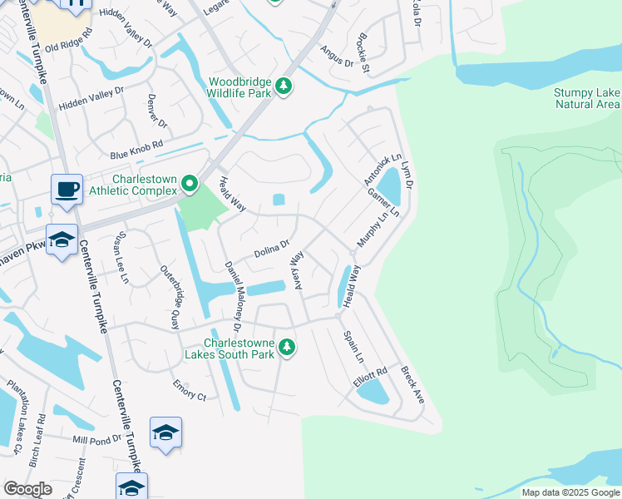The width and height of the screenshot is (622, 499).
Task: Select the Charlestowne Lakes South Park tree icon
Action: point(287,347)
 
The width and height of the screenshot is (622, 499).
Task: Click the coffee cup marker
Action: point(66,189)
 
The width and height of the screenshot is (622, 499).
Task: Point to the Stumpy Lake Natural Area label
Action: point(587,98)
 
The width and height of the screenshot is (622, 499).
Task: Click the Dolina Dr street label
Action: point(272,247)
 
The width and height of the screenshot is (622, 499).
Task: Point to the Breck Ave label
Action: point(412,384)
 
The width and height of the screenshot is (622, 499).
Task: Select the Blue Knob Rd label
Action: point(137,151)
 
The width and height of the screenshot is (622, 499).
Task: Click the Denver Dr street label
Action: point(158,113)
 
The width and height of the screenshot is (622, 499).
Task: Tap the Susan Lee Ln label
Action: point(123,259)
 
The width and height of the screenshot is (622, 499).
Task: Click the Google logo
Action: point(27,489)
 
